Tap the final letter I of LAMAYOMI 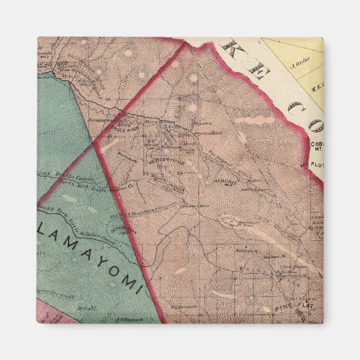139,289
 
